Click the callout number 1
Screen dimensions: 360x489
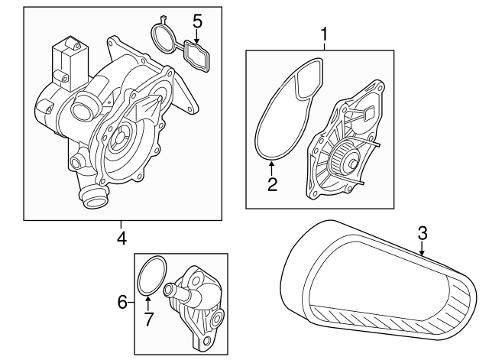click(x=324, y=34)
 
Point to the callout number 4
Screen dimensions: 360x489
click(x=121, y=238)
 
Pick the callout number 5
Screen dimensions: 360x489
click(x=197, y=21)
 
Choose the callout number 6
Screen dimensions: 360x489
click(x=121, y=303)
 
